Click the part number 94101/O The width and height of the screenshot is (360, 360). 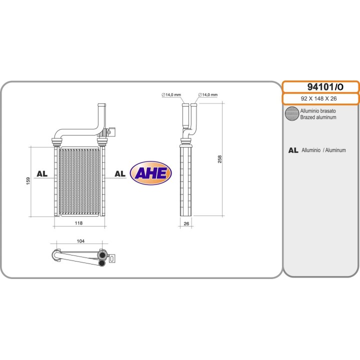click(320, 87)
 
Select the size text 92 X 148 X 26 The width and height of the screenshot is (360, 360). click(320, 98)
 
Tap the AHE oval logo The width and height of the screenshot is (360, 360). click(150, 173)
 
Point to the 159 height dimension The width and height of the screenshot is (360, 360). click(28, 181)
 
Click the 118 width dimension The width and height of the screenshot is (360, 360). click(78, 223)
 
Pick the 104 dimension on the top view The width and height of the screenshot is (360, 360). click(80, 241)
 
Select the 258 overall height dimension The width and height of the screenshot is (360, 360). click(220, 159)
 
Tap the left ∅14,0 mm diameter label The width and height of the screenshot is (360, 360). click(171, 94)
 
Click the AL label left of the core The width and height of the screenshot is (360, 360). click(42, 173)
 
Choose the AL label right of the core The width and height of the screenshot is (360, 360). click(120, 173)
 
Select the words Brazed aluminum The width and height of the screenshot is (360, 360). click(318, 117)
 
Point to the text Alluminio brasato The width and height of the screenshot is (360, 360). click(318, 111)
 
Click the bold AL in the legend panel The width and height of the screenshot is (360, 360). click(293, 150)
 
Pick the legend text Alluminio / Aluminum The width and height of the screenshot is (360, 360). click(323, 150)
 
